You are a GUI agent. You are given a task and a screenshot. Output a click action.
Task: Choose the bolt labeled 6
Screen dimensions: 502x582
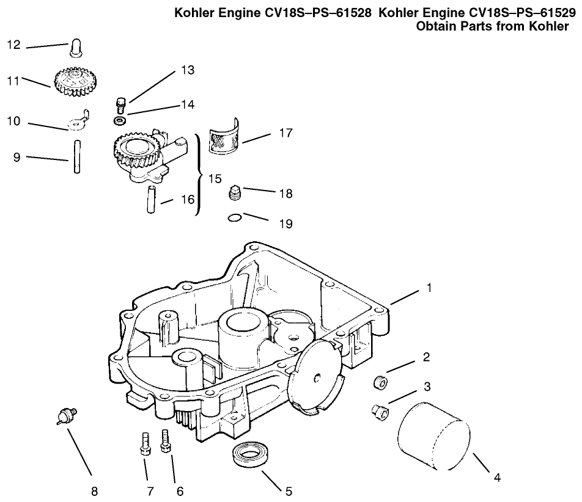pyautogui.click(x=164, y=441)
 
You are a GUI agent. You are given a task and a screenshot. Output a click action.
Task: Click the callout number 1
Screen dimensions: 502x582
pyautogui.click(x=429, y=287)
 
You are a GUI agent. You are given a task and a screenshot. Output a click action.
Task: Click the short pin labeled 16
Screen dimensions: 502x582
pyautogui.click(x=151, y=199)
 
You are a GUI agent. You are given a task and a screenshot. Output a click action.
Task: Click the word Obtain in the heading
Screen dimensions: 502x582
pyautogui.click(x=440, y=26)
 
